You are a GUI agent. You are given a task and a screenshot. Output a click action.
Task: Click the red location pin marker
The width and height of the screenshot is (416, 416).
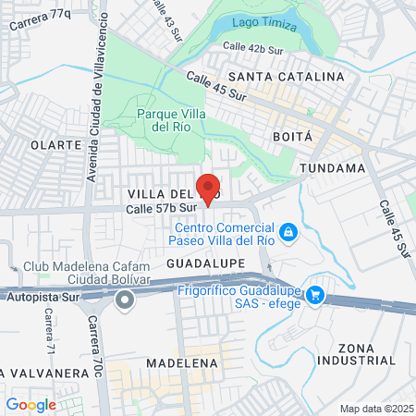pos(208,188)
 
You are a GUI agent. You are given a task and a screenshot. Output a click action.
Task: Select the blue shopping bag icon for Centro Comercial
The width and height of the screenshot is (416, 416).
pos(288,230)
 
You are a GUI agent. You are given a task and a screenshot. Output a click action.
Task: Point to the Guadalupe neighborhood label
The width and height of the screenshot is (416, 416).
pos(205,263)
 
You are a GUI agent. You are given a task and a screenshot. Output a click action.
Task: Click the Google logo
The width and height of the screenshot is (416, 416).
pos(31,404)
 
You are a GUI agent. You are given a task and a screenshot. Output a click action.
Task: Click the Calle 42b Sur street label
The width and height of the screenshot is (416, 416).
pos(253,46)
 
